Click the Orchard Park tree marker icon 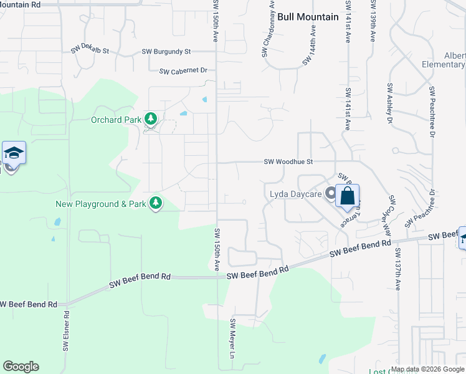pyautogui.click(x=150, y=118)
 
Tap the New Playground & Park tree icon pyautogui.click(x=155, y=203)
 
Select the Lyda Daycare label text pyautogui.click(x=295, y=194)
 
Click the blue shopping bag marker pyautogui.click(x=348, y=196)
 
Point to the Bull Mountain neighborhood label pyautogui.click(x=308, y=17)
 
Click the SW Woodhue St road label pyautogui.click(x=288, y=161)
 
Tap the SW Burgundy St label pyautogui.click(x=166, y=52)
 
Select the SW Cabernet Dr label pyautogui.click(x=183, y=71)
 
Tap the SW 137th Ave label pyautogui.click(x=397, y=269)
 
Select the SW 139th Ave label pyautogui.click(x=373, y=21)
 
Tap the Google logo pyautogui.click(x=21, y=367)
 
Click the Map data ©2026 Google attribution pyautogui.click(x=428, y=369)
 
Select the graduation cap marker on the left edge pyautogui.click(x=13, y=153)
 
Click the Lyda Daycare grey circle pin pyautogui.click(x=330, y=193)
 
